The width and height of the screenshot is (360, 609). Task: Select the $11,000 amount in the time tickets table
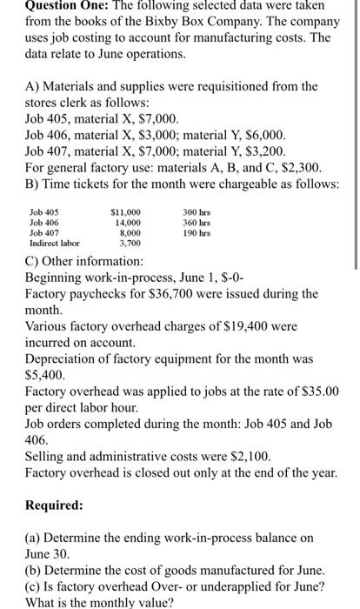pos(126,211)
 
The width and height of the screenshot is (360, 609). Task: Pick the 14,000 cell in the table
pos(127,222)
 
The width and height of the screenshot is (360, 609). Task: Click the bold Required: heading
pos(54,504)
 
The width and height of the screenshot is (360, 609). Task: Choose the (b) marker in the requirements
pos(33,570)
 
